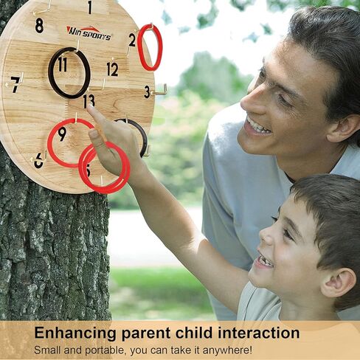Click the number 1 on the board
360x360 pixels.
[90, 7]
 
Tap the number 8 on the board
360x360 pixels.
[39, 25]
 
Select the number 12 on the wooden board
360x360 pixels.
[112, 69]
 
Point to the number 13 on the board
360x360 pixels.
[89, 101]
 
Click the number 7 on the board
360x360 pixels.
[15, 85]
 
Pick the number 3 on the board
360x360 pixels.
[147, 92]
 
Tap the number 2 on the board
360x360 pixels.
[132, 40]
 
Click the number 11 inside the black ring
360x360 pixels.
[63, 65]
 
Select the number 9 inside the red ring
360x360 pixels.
[62, 134]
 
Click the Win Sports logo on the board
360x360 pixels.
[89, 34]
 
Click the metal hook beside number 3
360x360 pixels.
[159, 91]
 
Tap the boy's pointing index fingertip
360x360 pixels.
[90, 108]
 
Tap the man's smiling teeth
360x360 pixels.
[257, 125]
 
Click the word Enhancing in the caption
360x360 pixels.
[75, 333]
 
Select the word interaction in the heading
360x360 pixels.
[259, 333]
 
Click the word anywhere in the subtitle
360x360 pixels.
[227, 350]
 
